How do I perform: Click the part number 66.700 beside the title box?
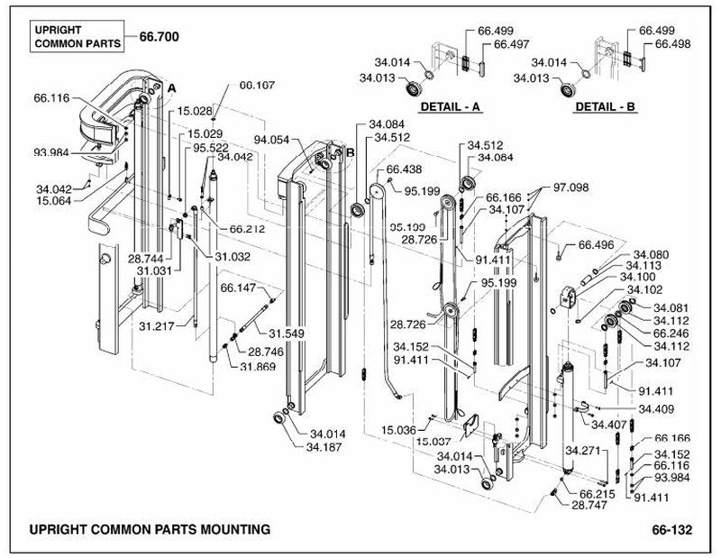160,37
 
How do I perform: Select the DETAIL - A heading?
450,106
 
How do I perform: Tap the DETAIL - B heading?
605,106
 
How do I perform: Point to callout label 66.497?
511,44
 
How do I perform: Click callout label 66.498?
672,43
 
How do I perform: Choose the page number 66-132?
671,530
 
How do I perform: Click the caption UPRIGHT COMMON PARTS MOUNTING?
150,529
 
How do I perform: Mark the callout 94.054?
272,140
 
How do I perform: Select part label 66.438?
404,169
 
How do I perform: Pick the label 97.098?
570,188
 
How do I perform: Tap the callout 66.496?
596,245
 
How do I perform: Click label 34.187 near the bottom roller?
324,447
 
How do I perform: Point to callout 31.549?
287,334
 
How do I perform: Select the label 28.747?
589,505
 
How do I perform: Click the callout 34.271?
583,451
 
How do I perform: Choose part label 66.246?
671,334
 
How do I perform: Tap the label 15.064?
54,200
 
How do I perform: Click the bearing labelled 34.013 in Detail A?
415,87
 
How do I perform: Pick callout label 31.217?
157,326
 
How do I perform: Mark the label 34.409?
656,409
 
